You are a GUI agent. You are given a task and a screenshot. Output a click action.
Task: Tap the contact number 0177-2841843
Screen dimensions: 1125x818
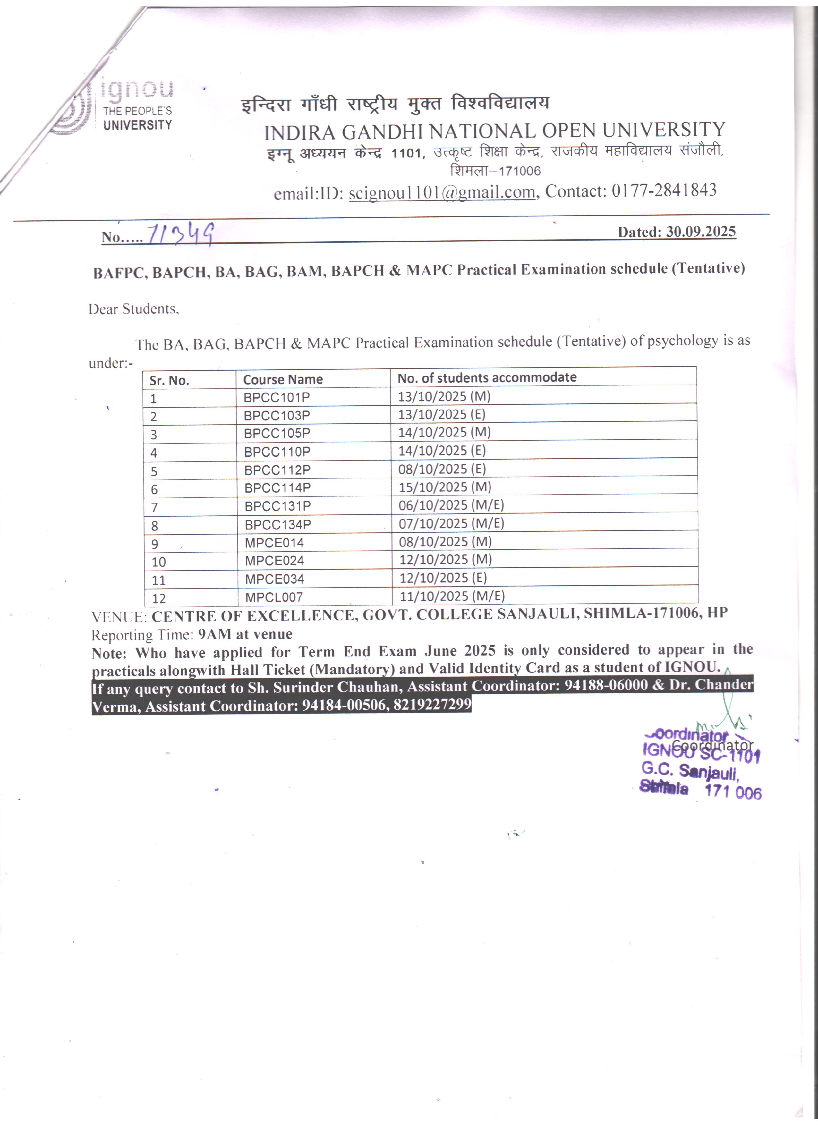coord(664,190)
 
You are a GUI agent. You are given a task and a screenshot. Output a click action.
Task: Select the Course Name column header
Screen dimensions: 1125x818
coord(283,379)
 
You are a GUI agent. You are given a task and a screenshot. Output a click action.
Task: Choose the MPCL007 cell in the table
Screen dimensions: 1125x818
coord(274,597)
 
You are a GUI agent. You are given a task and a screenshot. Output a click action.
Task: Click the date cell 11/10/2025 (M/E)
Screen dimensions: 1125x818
coord(451,596)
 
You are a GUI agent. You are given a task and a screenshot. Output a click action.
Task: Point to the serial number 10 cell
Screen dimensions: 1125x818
coord(159,562)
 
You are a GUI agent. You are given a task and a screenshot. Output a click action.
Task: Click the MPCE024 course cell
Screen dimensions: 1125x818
coord(274,561)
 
